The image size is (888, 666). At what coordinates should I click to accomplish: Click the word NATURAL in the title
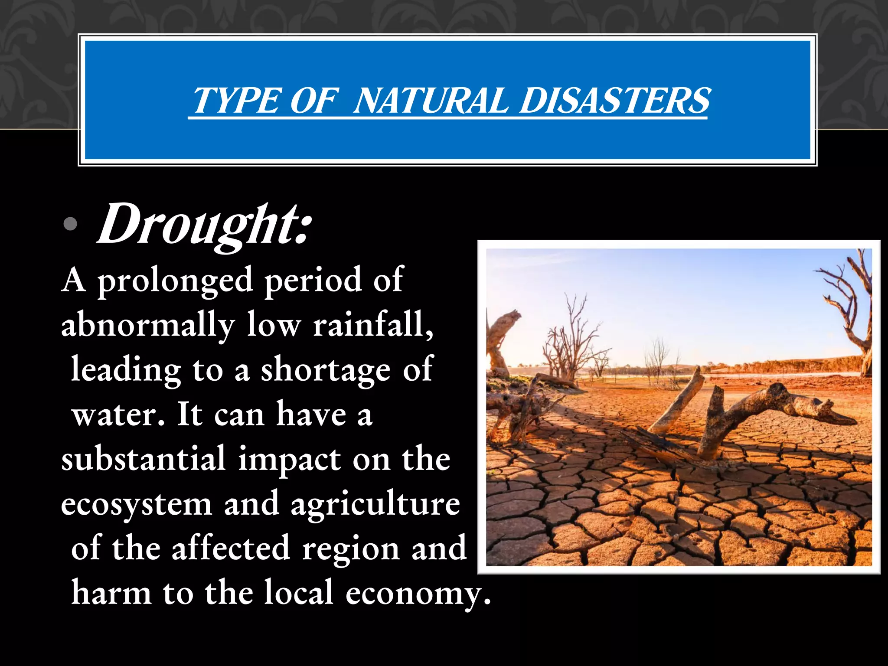point(430,101)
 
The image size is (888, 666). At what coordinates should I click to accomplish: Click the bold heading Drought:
point(204,225)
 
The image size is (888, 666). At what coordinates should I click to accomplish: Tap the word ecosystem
point(136,505)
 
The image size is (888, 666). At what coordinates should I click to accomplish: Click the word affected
point(231,548)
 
